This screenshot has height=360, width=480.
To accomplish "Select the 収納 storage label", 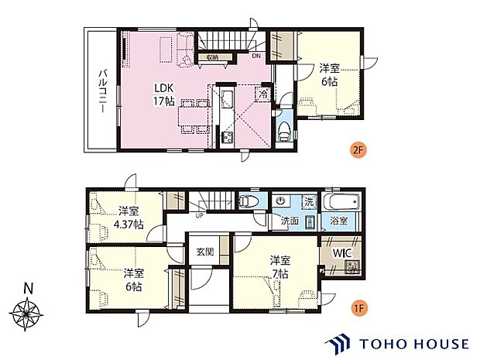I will (212, 57).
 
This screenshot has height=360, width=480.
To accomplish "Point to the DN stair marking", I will (255, 55).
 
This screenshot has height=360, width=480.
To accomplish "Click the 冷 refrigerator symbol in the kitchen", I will (263, 94).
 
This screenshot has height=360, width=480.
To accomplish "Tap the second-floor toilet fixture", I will (284, 129).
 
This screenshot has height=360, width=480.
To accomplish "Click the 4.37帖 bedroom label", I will (128, 218).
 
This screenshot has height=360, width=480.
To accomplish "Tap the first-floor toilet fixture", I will (249, 202).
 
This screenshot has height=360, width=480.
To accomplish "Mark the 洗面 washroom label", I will (290, 221).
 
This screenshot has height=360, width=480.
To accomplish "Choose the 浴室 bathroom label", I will (339, 221).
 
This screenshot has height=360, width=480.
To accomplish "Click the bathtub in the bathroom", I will (340, 202).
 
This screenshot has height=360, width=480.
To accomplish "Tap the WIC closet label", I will (341, 253).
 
